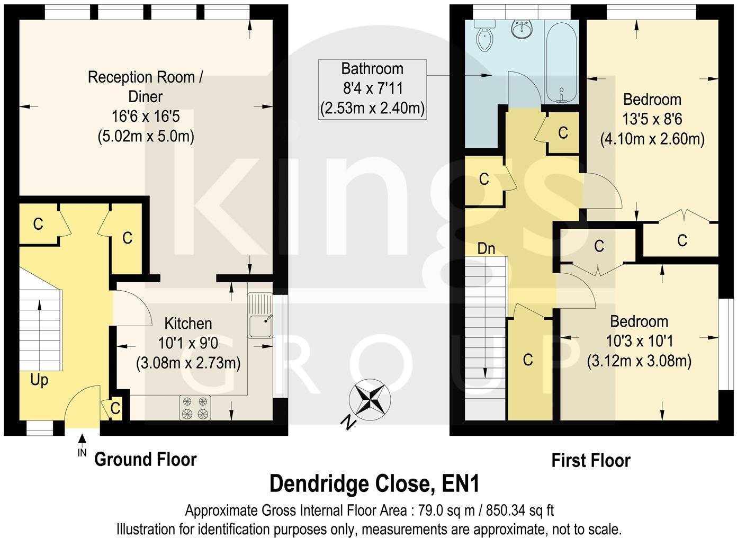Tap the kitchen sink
259,317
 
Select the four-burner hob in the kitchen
195,408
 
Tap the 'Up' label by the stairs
39,380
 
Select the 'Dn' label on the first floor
486,248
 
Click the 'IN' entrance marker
82,453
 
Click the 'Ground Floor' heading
145,459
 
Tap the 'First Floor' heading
590,461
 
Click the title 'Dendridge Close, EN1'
374,483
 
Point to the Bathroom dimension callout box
372,89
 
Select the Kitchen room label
188,324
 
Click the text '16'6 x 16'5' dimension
146,116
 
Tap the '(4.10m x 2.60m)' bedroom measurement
652,139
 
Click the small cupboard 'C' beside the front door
115,408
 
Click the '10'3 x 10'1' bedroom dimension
639,341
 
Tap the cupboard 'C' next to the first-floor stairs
527,360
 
